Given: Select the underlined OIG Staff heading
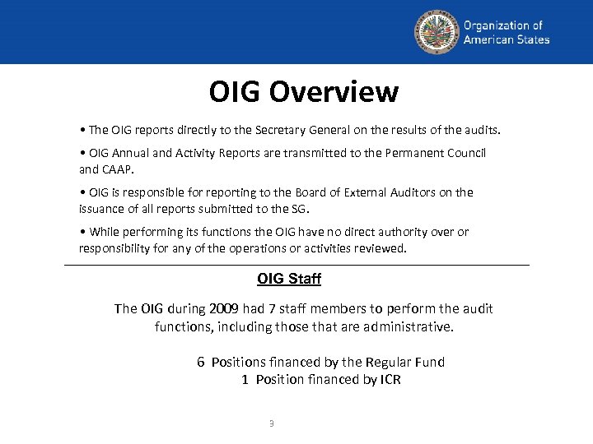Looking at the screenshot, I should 289,279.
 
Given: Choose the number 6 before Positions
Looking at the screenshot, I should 200,363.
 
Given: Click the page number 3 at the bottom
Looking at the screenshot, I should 272,423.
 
